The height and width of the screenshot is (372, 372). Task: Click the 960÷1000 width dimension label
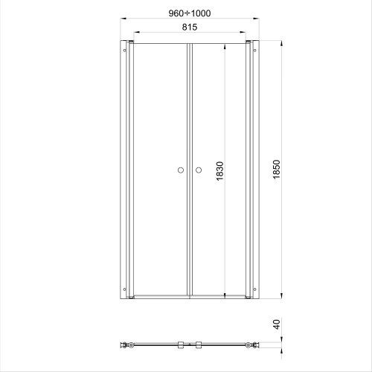(190, 13)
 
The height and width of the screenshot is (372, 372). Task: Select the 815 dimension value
(190, 27)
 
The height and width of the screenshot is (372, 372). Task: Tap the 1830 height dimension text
(220, 171)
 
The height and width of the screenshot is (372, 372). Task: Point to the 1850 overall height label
(276, 170)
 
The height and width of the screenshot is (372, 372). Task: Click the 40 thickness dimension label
(276, 324)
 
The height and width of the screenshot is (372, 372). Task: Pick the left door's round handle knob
(181, 170)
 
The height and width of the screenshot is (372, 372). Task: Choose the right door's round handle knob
(199, 170)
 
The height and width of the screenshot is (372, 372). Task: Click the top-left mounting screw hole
(125, 51)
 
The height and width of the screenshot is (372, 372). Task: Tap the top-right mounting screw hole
(254, 51)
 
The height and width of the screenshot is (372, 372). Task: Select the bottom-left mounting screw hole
(125, 289)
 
